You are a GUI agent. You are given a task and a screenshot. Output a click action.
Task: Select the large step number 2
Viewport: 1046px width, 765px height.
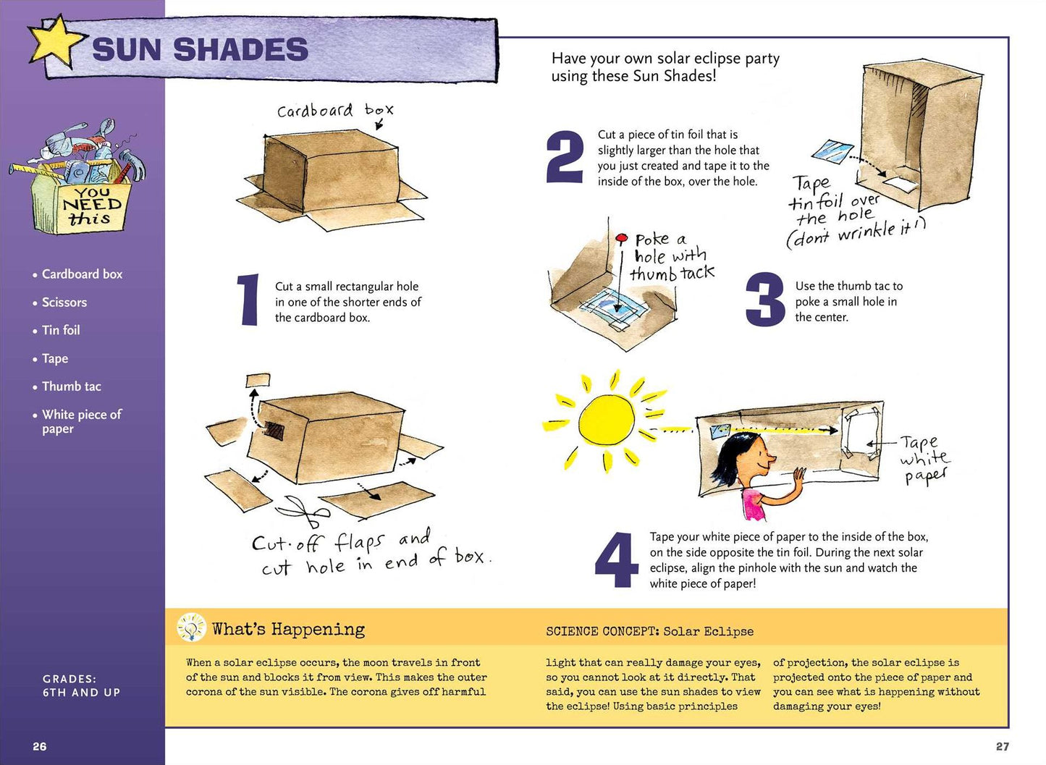[565, 156]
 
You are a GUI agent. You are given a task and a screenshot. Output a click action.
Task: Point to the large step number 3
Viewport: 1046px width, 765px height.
[765, 299]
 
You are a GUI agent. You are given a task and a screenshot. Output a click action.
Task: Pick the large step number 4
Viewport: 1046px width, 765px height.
[617, 559]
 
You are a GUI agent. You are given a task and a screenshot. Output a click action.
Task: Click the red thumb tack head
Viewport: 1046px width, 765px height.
[621, 239]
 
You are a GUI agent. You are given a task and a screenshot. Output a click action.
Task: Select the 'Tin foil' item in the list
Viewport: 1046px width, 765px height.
[61, 330]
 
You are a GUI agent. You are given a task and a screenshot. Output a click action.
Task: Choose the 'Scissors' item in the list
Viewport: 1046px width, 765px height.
[64, 302]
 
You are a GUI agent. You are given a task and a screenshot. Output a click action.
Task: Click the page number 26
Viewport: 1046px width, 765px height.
[40, 746]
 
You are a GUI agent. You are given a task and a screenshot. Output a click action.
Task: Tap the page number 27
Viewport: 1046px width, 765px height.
[1002, 746]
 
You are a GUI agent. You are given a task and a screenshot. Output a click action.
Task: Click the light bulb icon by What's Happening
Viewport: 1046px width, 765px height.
[191, 627]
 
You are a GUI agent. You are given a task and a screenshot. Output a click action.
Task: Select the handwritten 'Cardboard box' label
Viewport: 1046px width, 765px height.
[335, 111]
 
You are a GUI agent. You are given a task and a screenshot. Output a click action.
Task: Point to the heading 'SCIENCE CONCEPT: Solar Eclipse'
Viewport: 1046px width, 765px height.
[649, 631]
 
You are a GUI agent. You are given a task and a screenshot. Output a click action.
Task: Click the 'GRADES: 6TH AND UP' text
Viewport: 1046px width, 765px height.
[81, 685]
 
